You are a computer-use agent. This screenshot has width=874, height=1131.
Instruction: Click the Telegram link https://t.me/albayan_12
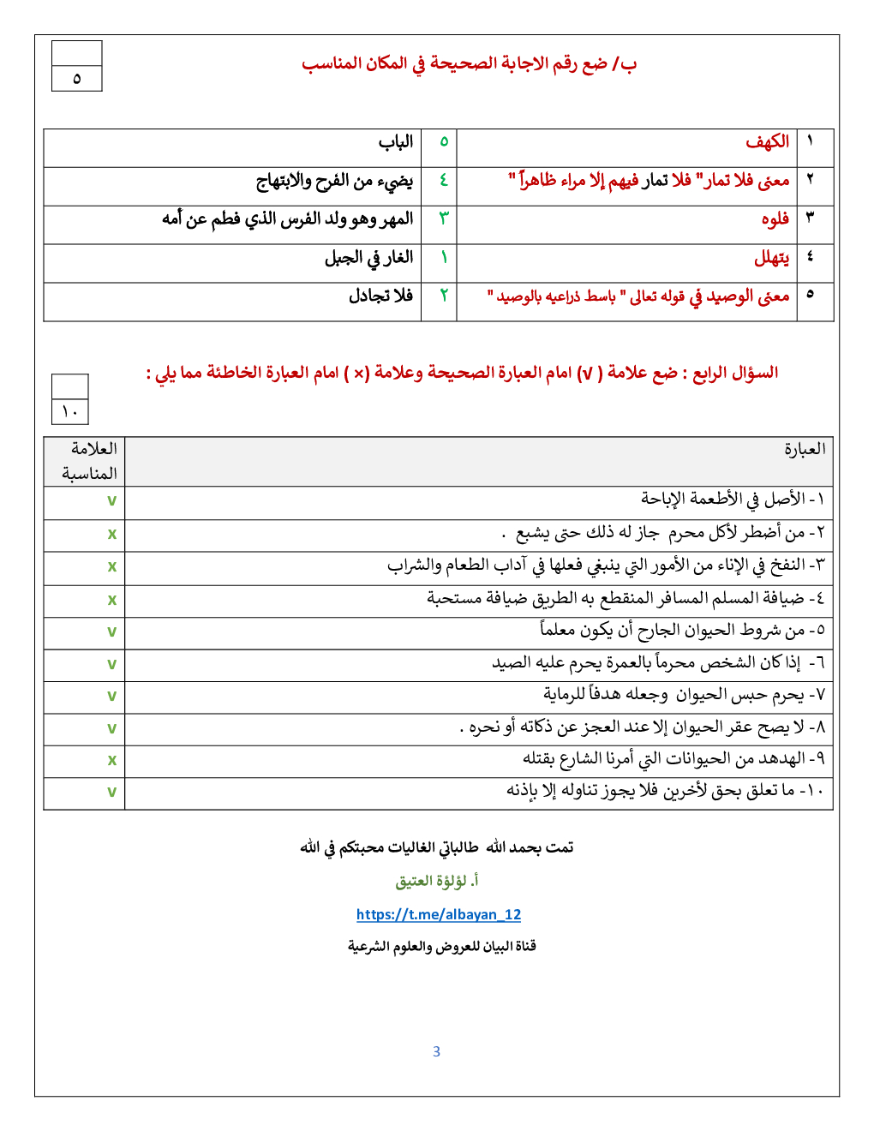[438, 914]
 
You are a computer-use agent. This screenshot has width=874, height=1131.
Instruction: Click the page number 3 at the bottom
[436, 1051]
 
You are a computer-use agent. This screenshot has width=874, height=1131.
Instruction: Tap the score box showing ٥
[77, 79]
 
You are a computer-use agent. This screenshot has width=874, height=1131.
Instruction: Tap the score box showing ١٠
[69, 411]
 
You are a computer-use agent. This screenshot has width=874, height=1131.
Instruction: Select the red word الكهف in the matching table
[767, 141]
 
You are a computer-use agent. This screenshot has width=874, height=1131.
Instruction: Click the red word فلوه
[775, 218]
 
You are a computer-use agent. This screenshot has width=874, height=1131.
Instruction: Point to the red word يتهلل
[771, 257]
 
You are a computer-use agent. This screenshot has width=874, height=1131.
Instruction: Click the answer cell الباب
[396, 141]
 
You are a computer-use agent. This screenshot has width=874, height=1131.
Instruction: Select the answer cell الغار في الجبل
[368, 257]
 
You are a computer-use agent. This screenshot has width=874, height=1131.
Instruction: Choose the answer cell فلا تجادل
[380, 296]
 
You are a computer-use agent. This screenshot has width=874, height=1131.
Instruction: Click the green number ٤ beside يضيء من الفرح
[444, 180]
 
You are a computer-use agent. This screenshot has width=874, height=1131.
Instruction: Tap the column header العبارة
[805, 449]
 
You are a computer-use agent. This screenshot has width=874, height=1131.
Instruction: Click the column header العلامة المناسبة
[89, 461]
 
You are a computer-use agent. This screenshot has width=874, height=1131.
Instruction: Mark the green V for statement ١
[111, 501]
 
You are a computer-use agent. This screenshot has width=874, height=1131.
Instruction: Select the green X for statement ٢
[111, 534]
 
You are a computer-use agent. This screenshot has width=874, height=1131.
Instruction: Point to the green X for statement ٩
[111, 760]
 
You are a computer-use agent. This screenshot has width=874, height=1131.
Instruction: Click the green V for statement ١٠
[111, 793]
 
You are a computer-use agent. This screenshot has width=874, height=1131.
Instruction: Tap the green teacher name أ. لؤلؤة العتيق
[437, 881]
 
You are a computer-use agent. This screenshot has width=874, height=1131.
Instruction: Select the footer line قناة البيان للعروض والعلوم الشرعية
[441, 946]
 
